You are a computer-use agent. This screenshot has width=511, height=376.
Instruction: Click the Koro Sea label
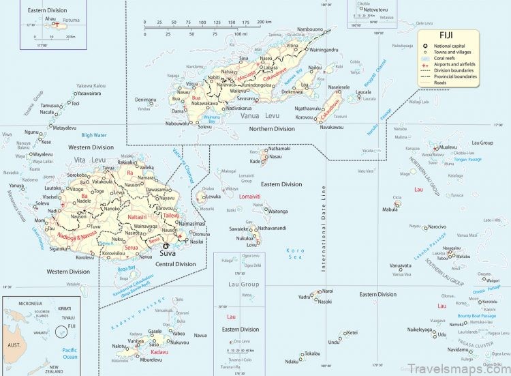296,253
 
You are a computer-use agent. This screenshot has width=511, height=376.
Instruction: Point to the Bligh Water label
94,135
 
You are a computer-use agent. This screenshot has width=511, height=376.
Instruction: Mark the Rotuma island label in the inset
71,20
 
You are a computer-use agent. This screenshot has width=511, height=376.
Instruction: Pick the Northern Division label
272,128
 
